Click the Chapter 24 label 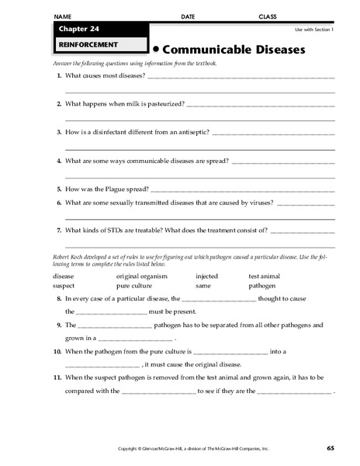[x=76, y=29]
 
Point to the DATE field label [x=188, y=16]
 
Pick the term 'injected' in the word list [x=207, y=276]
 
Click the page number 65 [x=330, y=449]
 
